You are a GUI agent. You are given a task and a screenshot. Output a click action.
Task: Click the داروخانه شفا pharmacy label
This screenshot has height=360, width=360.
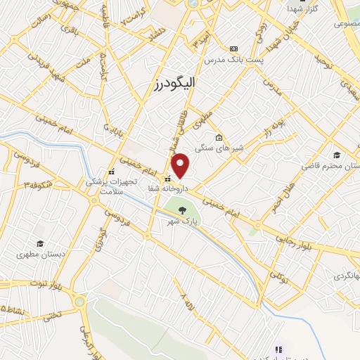pos(167,189)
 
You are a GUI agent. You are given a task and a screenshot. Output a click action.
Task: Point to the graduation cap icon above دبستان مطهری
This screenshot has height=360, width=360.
pos(41,243)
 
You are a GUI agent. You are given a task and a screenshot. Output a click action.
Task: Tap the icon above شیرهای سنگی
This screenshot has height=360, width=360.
pos(219,137)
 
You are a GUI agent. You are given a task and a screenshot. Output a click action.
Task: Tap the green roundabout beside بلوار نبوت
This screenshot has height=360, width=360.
pos(79,302)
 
